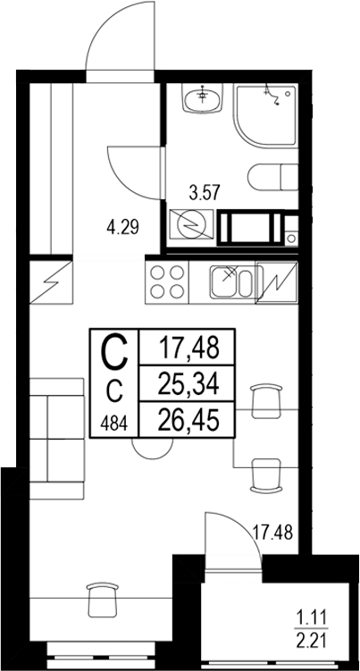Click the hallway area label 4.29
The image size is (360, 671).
[x=122, y=227]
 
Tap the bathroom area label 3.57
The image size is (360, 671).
[x=205, y=190]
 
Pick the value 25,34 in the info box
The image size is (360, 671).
[x=188, y=383]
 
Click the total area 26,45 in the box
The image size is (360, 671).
[x=188, y=419]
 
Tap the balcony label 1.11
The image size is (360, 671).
[x=312, y=615]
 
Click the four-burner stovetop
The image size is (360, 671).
[x=167, y=283]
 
